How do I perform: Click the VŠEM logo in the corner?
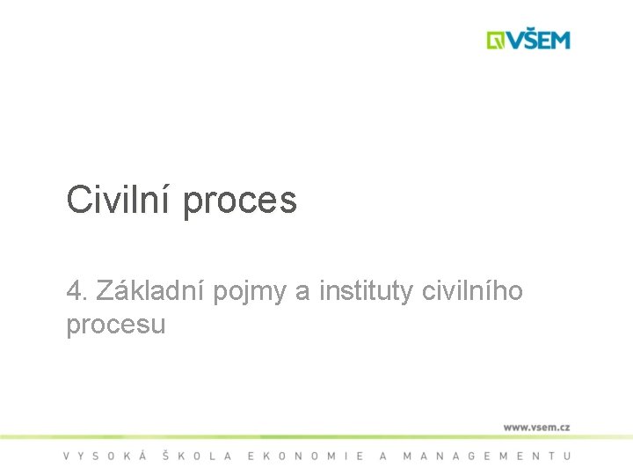tap(528, 40)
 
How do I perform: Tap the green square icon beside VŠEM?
tap(496, 40)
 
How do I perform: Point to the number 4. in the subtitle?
tap(76, 289)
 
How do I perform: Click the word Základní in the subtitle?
tap(150, 289)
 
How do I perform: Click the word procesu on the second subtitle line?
tap(116, 325)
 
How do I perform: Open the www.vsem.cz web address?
tap(536, 427)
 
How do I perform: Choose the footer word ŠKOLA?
tap(197, 456)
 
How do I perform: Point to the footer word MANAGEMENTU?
tap(486, 456)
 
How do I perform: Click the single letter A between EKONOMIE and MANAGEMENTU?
tap(383, 456)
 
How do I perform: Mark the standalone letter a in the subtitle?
tap(302, 290)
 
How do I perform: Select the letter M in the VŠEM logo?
tap(559, 40)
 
